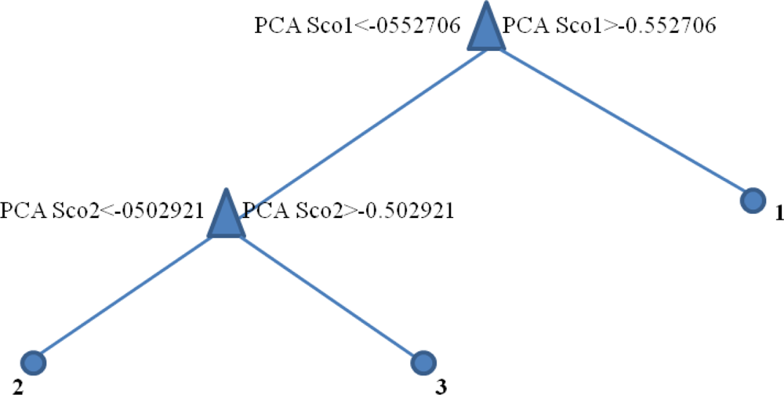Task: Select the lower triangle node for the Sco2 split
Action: [226, 216]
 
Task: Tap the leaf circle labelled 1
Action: [753, 201]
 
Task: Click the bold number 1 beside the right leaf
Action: [779, 213]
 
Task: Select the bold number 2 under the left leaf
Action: [5, 386]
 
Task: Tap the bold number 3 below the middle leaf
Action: [441, 386]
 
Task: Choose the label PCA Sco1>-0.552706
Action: [608, 25]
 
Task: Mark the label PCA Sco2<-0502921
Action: [102, 210]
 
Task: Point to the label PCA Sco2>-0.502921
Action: [350, 210]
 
